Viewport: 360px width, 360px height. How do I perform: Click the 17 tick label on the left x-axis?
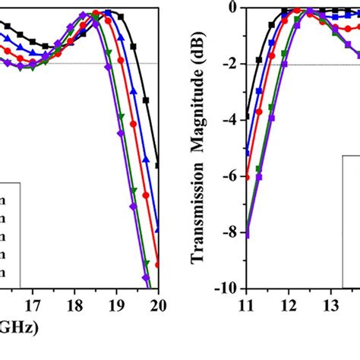coord(33,306)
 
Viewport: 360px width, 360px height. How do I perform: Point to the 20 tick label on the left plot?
coord(158,306)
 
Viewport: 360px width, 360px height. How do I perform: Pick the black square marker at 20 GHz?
coord(158,165)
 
